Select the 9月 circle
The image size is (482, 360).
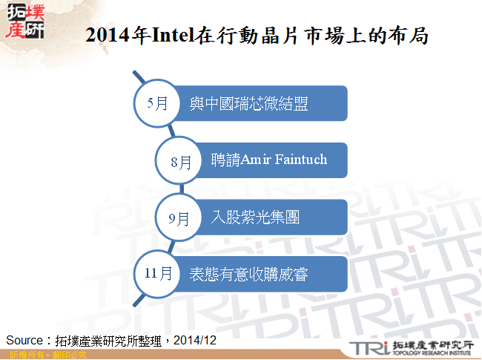pos(178,217)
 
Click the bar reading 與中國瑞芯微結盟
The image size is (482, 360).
pos(260,104)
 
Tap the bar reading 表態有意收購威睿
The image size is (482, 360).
pos(260,275)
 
